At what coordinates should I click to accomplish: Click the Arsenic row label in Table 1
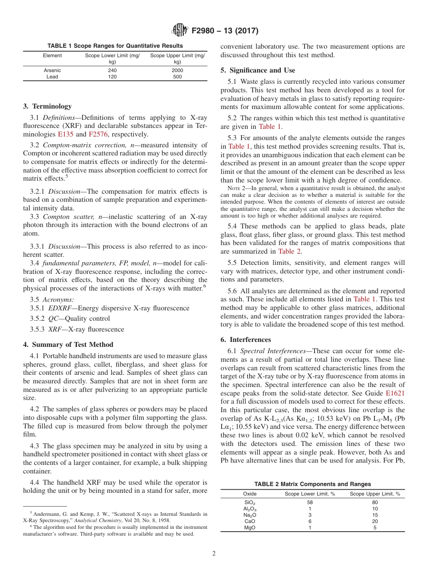52,70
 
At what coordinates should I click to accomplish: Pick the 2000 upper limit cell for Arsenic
178,70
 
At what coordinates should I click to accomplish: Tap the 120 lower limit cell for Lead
112,77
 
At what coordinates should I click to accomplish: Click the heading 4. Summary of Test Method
68,345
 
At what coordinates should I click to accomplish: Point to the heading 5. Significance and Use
258,70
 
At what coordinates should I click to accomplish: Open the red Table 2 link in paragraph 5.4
289,251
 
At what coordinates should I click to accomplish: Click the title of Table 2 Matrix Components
312,484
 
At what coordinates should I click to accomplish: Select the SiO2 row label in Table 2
250,502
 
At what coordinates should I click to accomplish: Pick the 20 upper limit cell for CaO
375,521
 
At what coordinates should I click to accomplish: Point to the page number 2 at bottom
214,554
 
